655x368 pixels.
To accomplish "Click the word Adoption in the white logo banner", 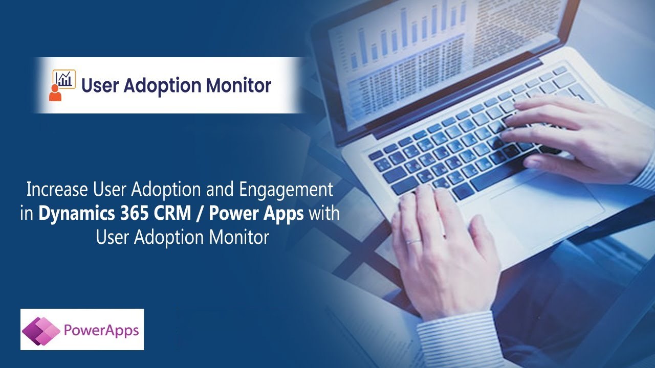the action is coord(162,86).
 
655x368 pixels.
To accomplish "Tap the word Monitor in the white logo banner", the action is coord(238,85).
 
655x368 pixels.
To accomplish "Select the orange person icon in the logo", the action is coord(55,93).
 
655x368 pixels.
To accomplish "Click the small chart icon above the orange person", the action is coord(64,79).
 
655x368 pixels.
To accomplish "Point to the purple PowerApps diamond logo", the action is coord(41,331).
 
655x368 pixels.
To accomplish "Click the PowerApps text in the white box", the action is coord(101,331).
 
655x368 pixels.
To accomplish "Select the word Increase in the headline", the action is coord(57,189).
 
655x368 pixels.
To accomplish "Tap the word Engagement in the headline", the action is coord(286,190).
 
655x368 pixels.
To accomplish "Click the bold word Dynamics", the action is coord(77,214).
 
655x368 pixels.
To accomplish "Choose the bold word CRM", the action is coord(172,213).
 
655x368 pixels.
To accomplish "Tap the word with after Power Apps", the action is coord(324,213).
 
